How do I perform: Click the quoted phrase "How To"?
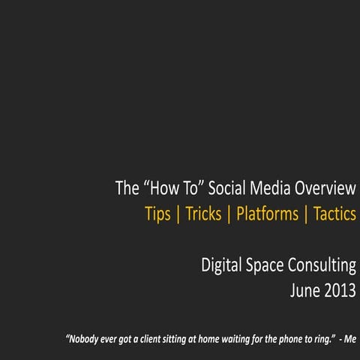[169, 188]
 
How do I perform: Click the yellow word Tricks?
[203, 214]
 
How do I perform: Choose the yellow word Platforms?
[267, 214]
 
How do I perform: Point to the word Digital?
[222, 265]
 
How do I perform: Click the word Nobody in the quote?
[85, 338]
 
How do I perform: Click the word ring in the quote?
[320, 338]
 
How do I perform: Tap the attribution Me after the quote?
[350, 338]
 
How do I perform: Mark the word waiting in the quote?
[246, 338]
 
